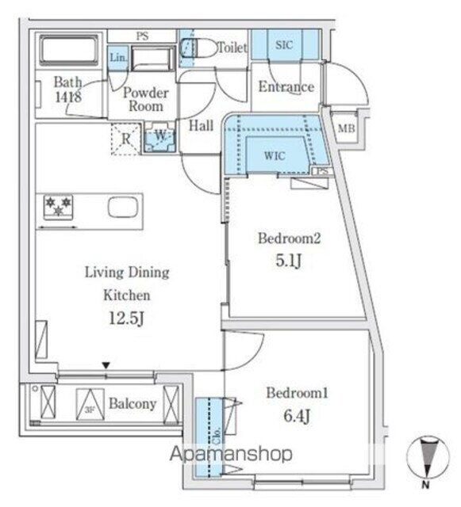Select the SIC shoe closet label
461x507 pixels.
pos(284,46)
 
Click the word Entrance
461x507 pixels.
pos(286,87)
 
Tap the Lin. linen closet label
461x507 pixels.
pos(117,58)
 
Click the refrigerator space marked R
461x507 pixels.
pos(125,136)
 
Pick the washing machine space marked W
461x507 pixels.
pos(159,135)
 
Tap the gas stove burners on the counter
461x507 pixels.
pos(60,209)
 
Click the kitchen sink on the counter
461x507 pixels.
pos(122,209)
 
